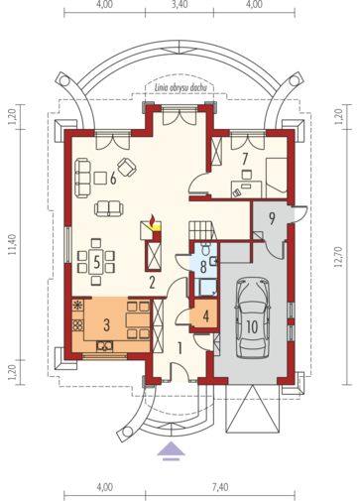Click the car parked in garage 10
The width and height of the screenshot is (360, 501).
(252, 317)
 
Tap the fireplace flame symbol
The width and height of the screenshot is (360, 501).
(153, 219)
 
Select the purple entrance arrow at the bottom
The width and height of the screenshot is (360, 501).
(171, 450)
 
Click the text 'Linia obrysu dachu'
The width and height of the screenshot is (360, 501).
(180, 88)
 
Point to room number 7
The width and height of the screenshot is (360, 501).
(245, 159)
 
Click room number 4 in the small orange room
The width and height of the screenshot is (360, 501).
(206, 316)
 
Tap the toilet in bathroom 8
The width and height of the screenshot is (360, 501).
(206, 249)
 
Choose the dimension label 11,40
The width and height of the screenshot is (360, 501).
(12, 245)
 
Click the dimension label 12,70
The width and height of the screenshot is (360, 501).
(338, 257)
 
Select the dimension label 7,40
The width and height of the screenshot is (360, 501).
(220, 487)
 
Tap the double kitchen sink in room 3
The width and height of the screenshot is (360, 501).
(105, 346)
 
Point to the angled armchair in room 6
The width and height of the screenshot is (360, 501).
(127, 168)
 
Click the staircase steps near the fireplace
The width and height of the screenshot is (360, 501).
(201, 229)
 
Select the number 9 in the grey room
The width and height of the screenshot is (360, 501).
(272, 218)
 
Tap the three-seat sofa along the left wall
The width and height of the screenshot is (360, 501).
(82, 179)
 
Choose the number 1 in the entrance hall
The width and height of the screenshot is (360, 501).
(180, 348)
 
